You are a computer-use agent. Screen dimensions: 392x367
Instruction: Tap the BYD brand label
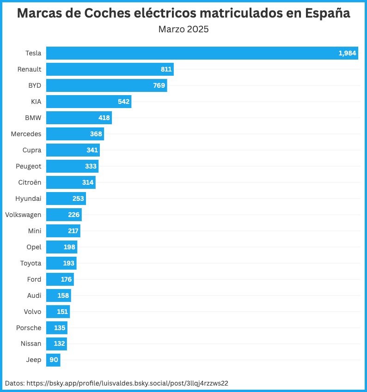(35, 85)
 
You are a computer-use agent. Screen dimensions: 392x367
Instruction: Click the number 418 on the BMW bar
(104, 118)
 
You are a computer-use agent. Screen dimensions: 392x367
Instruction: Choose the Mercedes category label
(26, 134)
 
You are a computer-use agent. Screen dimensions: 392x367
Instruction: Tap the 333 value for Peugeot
(91, 166)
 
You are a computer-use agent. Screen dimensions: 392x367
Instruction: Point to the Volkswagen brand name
(23, 215)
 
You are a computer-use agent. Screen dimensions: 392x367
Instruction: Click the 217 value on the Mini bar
(73, 231)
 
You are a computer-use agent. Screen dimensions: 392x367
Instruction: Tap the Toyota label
(31, 263)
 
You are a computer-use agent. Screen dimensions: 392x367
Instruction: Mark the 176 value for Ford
(67, 279)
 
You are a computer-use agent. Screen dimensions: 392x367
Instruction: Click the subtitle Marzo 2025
(183, 30)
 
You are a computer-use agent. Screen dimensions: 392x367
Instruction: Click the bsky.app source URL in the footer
(128, 383)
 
